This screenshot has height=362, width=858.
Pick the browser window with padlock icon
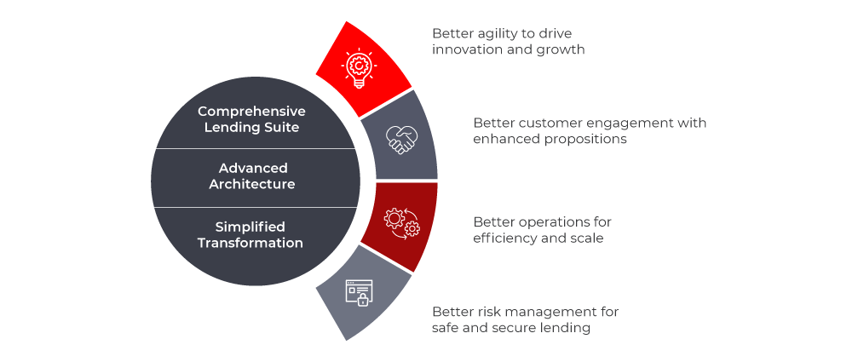[x=358, y=291]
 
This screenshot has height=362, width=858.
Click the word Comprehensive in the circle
[x=251, y=112]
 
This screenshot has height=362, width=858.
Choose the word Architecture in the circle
[x=253, y=184]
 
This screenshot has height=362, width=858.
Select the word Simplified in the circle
[x=250, y=227]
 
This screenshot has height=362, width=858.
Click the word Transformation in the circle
[x=250, y=243]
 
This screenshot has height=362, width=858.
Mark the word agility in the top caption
[x=496, y=33]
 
